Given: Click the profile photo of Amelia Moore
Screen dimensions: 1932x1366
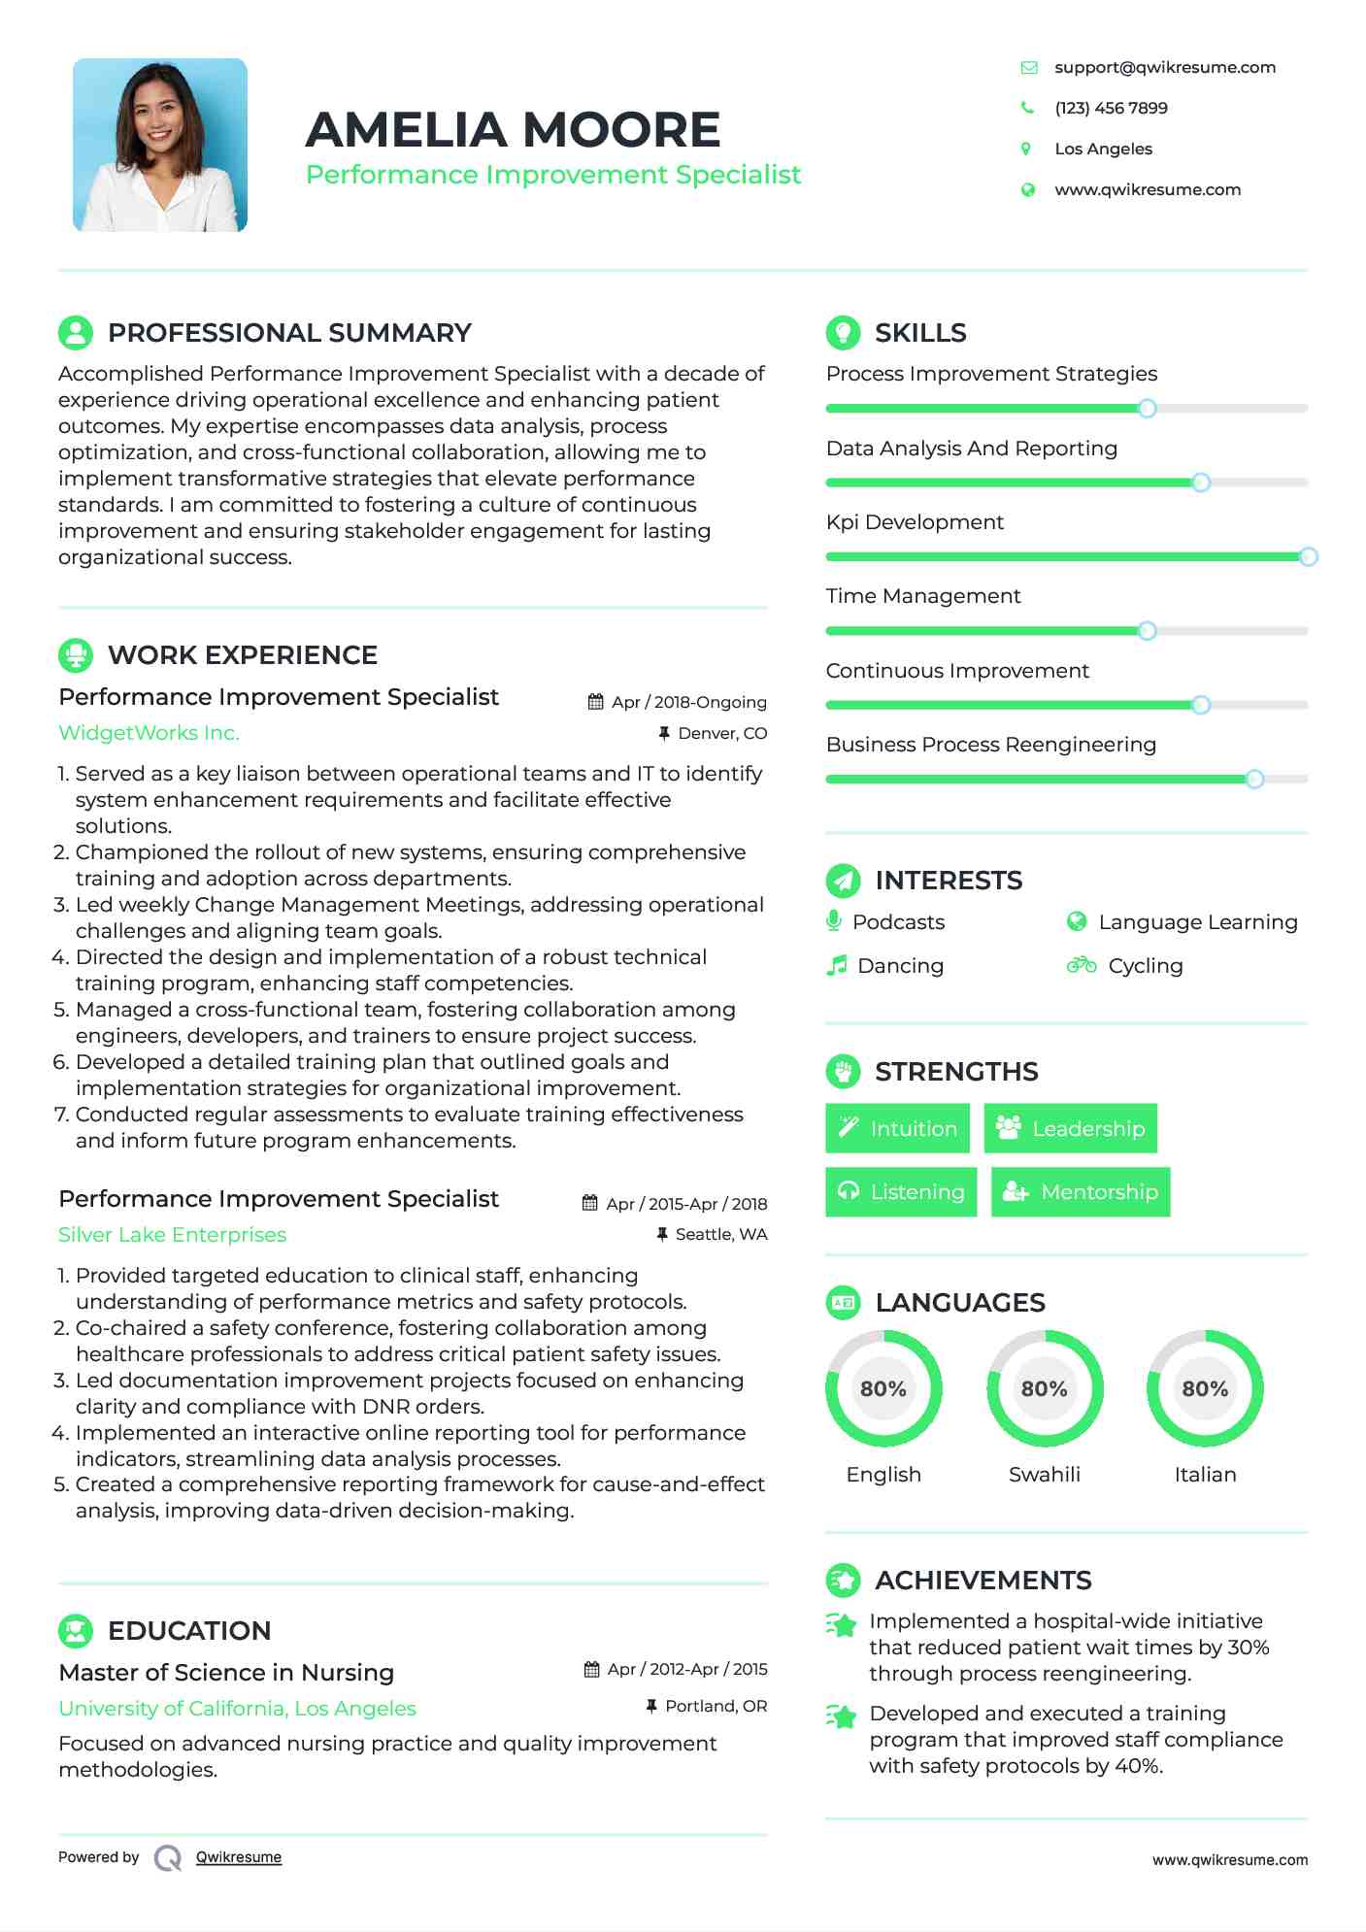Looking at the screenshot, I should pyautogui.click(x=160, y=145).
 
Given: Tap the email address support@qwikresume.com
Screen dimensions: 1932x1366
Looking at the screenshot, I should pyautogui.click(x=1164, y=67).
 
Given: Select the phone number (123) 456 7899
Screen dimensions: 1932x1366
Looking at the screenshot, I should pyautogui.click(x=1111, y=108).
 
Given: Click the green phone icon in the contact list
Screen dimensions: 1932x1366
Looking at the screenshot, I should pyautogui.click(x=1027, y=108).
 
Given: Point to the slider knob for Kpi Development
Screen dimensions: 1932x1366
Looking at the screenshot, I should pyautogui.click(x=1308, y=556).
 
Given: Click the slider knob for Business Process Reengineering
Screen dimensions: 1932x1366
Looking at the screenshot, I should pyautogui.click(x=1254, y=779).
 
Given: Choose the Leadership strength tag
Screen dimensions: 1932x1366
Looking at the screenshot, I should pyautogui.click(x=1070, y=1128).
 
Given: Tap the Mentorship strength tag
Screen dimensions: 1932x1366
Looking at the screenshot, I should pyautogui.click(x=1080, y=1191).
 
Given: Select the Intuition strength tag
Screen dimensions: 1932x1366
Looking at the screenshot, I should pyautogui.click(x=897, y=1128).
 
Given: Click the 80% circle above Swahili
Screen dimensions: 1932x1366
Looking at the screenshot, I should pyautogui.click(x=1045, y=1388).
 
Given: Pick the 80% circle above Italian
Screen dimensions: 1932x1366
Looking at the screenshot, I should pyautogui.click(x=1205, y=1388).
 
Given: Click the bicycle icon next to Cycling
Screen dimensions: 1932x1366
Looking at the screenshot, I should pyautogui.click(x=1081, y=965).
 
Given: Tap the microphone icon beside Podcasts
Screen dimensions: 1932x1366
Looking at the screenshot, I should pyautogui.click(x=834, y=920).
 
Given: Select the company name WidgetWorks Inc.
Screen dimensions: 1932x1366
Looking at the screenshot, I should pyautogui.click(x=149, y=733).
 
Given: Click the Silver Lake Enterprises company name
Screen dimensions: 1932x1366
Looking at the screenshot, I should pyautogui.click(x=172, y=1234).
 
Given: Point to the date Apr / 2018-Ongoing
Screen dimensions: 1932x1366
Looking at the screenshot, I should pyautogui.click(x=688, y=702).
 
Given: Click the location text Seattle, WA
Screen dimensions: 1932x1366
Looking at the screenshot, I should pyautogui.click(x=720, y=1234).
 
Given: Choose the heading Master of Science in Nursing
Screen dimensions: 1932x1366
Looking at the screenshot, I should pyautogui.click(x=226, y=1672).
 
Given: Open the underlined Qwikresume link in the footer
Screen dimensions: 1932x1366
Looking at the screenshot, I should pyautogui.click(x=239, y=1857).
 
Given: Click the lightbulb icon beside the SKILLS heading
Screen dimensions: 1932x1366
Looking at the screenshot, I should pyautogui.click(x=843, y=332).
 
